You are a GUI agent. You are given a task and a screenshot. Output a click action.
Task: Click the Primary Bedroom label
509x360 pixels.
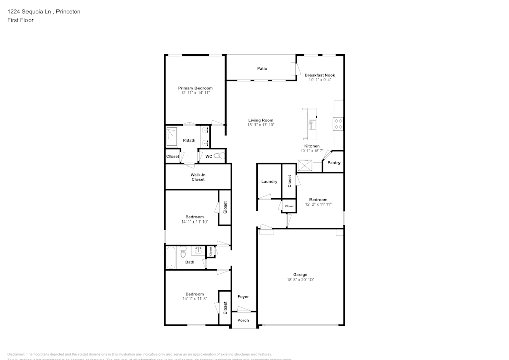(195, 88)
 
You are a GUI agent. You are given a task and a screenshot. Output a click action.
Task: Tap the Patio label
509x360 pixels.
(262, 68)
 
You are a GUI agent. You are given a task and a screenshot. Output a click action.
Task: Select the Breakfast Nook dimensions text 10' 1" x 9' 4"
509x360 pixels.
(320, 80)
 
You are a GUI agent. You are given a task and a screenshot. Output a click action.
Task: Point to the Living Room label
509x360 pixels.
(261, 120)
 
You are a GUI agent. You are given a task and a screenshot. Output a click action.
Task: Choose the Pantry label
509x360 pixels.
(334, 163)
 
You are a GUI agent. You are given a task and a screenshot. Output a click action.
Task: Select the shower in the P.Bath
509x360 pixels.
(171, 136)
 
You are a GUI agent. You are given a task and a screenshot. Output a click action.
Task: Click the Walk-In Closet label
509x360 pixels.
(198, 177)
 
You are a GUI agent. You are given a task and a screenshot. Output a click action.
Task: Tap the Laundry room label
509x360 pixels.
(269, 181)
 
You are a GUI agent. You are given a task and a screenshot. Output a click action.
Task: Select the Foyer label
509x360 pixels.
(243, 296)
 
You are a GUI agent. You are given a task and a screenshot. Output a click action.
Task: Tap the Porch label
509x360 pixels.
(243, 320)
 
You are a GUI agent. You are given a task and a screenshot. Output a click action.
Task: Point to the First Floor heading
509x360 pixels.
(20, 20)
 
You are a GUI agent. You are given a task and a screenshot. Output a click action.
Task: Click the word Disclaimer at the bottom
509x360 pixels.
(17, 354)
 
